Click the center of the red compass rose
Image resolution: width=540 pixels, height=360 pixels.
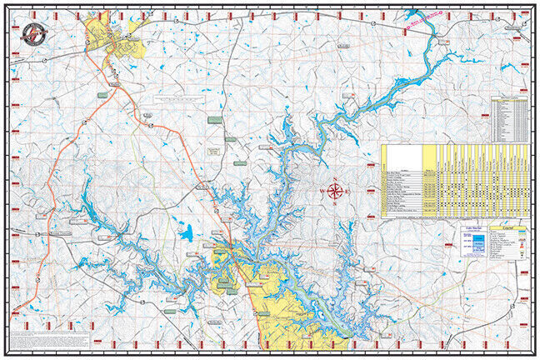tap(335, 192)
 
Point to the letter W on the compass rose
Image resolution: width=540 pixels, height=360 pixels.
tap(322, 192)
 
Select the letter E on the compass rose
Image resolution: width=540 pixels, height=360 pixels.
tap(347, 192)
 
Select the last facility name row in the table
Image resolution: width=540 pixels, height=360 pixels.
tap(402, 214)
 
